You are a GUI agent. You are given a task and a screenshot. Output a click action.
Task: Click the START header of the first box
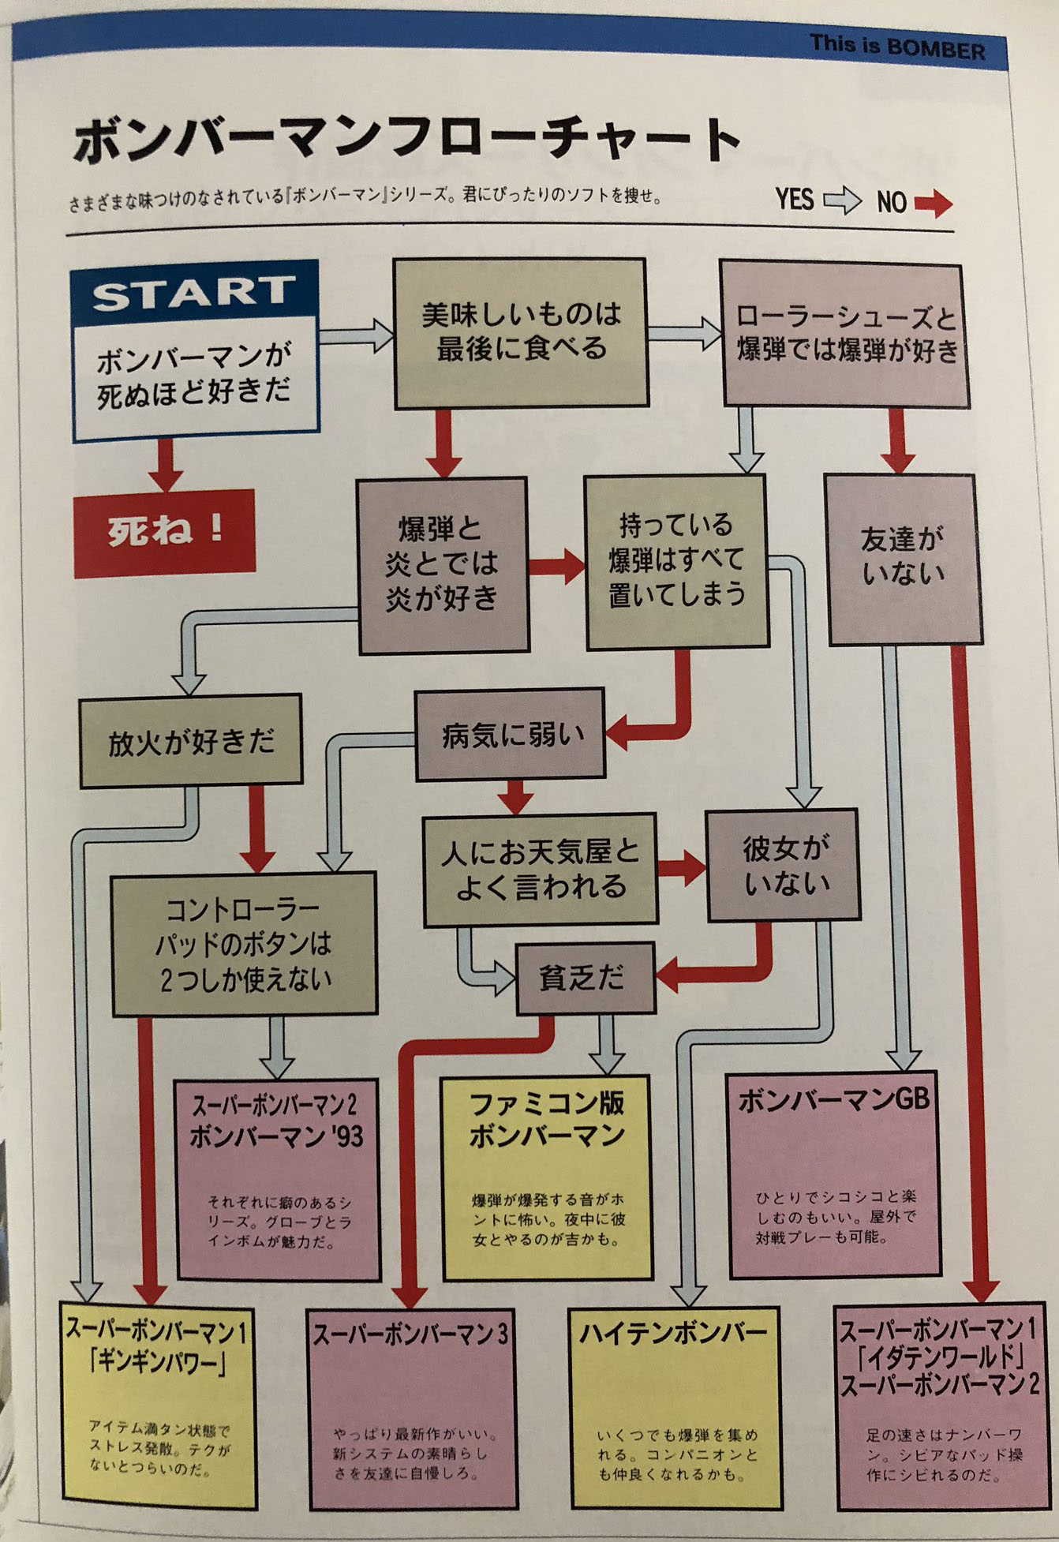(x=194, y=292)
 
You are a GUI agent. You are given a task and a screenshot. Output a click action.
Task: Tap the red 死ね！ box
(x=164, y=530)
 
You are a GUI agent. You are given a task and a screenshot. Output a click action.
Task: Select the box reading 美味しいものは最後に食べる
(x=521, y=332)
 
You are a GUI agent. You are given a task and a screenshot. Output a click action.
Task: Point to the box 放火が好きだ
(x=190, y=740)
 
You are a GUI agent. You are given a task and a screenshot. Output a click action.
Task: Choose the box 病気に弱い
(x=511, y=735)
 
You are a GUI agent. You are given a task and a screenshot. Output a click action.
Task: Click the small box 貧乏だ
(x=585, y=978)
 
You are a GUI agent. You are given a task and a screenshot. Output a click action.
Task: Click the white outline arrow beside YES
(x=842, y=200)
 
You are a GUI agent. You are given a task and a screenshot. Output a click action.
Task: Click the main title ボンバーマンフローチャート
(x=406, y=140)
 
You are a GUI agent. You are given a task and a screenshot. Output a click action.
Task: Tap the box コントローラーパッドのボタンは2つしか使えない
(x=244, y=944)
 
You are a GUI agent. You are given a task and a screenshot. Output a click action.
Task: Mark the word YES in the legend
(x=794, y=200)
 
